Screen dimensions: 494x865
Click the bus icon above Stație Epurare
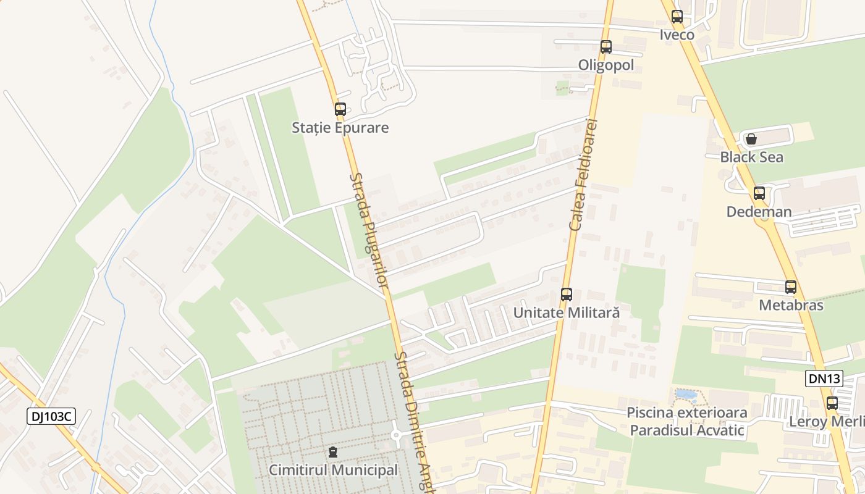340,109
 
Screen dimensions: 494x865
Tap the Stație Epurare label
340,128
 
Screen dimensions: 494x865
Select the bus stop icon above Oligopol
606,46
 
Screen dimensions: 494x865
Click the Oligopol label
606,65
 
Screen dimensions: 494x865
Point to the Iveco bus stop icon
677,17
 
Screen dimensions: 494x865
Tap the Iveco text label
677,35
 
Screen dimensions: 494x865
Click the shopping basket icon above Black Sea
751,139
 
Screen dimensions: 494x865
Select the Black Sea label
751,157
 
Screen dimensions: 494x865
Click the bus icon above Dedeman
759,193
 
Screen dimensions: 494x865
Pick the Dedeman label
759,212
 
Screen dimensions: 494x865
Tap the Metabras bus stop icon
791,287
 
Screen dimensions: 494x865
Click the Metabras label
791,305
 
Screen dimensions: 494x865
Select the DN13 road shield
824,379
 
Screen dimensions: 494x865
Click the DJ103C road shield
51,416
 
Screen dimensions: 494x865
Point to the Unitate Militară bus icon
567,295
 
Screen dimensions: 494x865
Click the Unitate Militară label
567,312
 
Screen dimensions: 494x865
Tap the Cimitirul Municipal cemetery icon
334,452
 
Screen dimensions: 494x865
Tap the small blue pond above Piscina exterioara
685,394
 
